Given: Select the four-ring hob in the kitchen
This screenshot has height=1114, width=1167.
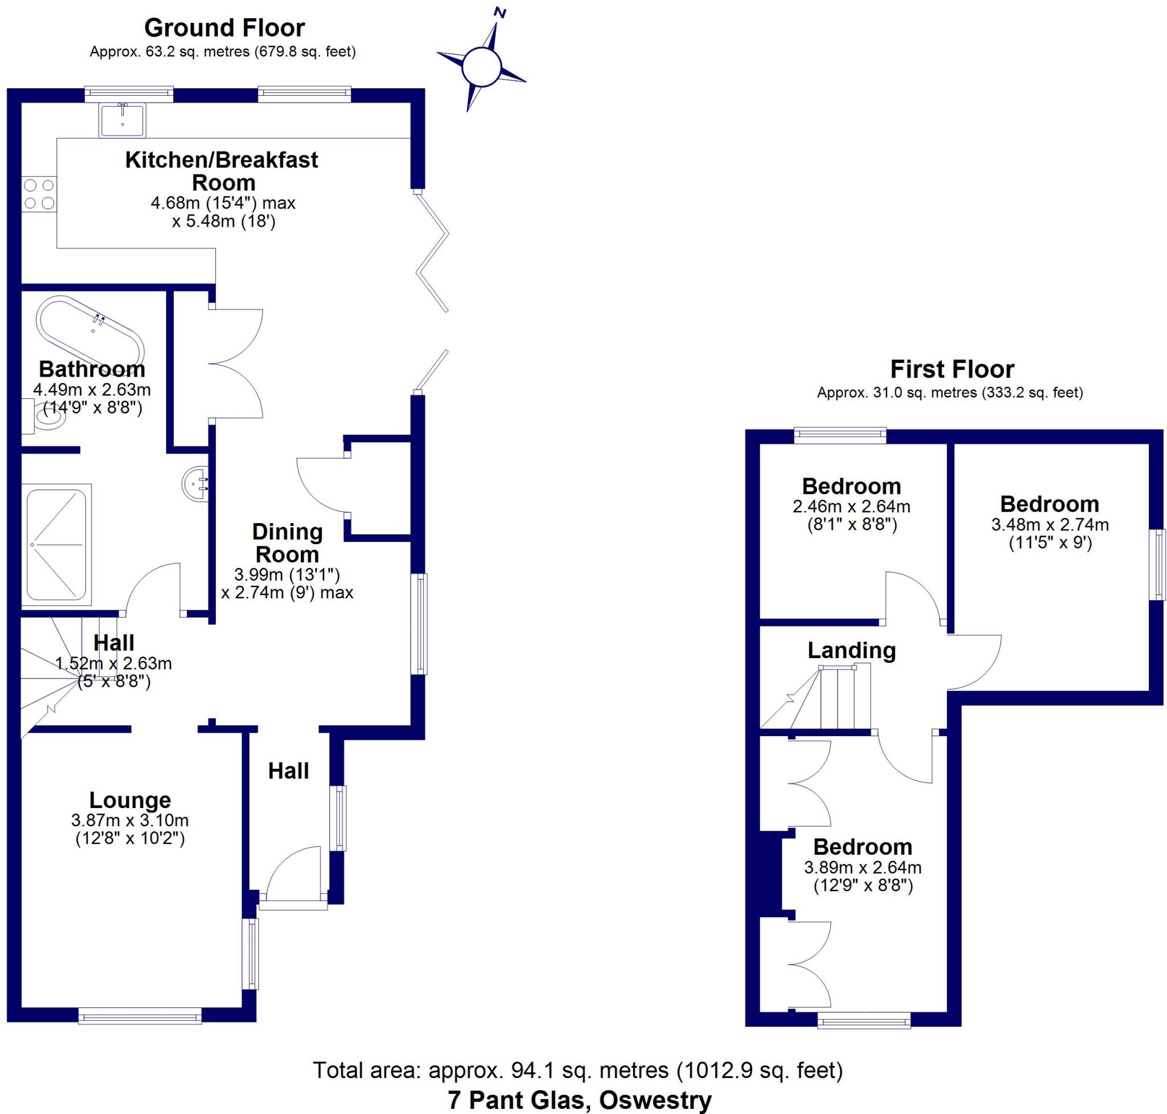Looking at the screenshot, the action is [39, 195].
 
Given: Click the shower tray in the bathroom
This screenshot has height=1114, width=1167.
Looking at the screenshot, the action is [56, 545].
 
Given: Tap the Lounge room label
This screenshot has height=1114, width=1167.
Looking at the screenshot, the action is [130, 800].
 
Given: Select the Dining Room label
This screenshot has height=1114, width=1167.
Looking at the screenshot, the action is [287, 542].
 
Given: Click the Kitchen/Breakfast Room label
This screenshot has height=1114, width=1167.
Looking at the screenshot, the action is [222, 171].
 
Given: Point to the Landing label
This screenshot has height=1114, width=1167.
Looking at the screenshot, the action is [852, 651].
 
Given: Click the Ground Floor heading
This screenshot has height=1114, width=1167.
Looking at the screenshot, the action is [225, 28].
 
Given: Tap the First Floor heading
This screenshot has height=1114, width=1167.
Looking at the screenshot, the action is [953, 369].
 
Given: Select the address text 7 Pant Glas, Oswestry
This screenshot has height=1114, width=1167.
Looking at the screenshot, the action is [580, 1100].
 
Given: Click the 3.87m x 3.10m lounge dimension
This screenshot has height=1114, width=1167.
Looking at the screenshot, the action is [130, 821].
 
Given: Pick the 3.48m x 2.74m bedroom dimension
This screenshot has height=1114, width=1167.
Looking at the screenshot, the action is [1050, 525].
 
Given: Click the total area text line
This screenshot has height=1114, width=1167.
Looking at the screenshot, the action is [578, 1070].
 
